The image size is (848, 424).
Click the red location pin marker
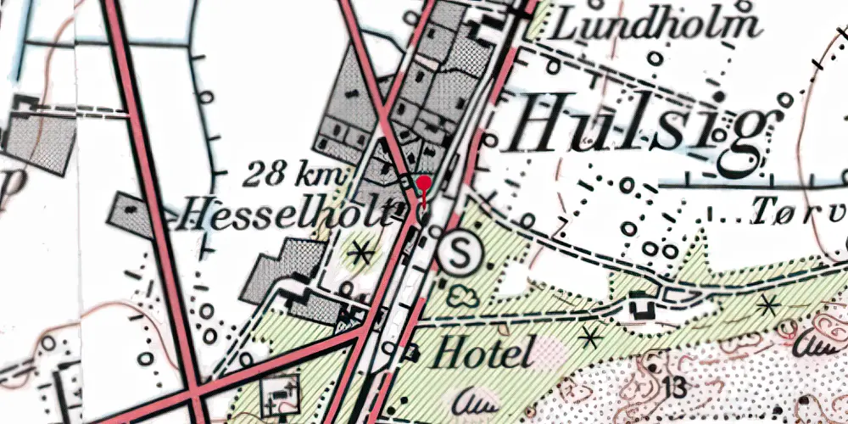click(x=424, y=184)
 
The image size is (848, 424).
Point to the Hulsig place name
click(x=638, y=125)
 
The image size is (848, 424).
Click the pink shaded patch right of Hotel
click(x=550, y=351)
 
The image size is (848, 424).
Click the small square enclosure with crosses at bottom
click(x=282, y=393)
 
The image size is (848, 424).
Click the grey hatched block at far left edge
click(x=34, y=136)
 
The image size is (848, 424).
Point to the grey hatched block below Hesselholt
click(x=284, y=271)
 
